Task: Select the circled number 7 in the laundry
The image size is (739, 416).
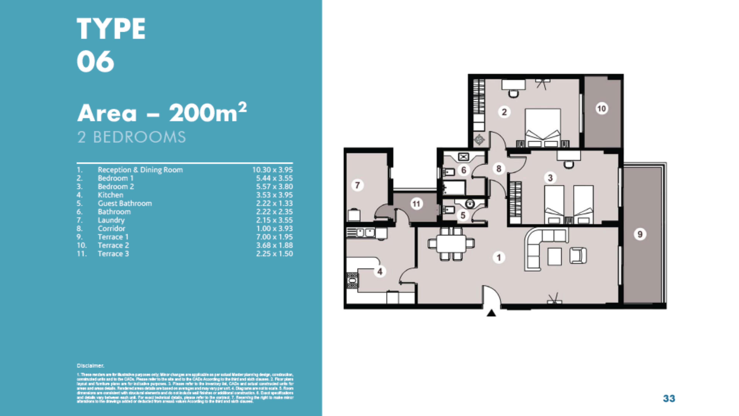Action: [x=357, y=185]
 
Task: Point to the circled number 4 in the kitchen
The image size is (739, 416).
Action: [x=380, y=271]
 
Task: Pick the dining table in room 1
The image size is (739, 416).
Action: [x=451, y=244]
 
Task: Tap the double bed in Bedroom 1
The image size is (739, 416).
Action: [x=542, y=128]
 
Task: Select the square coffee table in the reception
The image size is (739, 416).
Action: [x=554, y=256]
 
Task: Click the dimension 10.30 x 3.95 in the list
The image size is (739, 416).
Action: [x=272, y=170]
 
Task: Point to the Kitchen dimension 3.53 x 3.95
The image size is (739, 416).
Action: [x=274, y=195]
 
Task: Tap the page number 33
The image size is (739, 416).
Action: [x=669, y=398]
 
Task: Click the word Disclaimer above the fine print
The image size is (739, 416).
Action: [x=90, y=366]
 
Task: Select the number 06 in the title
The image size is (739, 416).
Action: [x=96, y=61]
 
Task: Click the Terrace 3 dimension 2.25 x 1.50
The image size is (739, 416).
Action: [x=274, y=254]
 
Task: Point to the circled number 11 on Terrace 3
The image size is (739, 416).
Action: [x=416, y=204]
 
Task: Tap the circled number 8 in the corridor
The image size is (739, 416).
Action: [x=499, y=168]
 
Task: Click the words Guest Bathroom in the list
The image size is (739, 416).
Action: [x=125, y=203]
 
